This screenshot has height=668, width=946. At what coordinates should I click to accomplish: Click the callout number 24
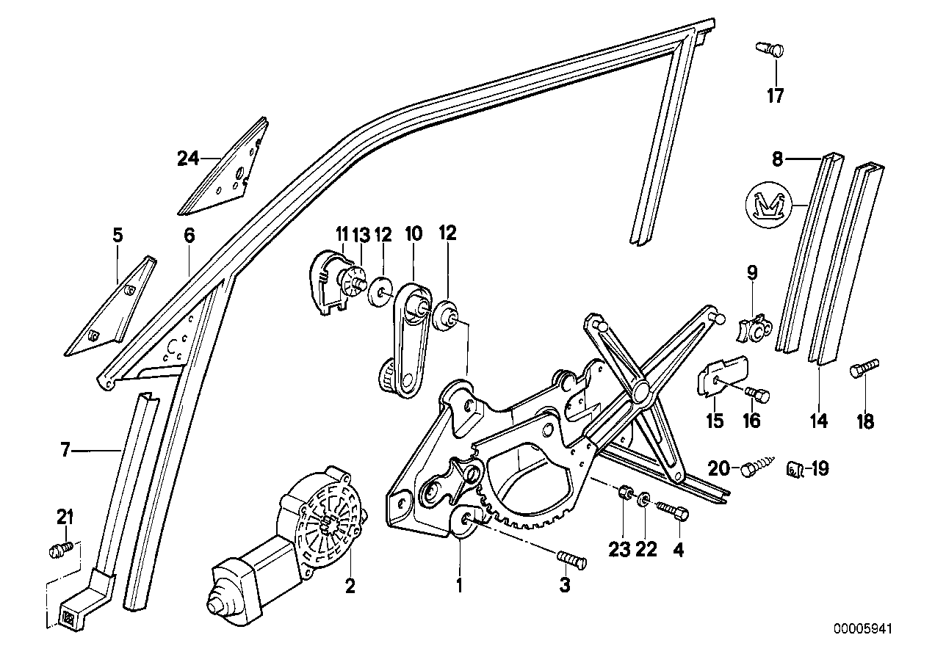pos(188,157)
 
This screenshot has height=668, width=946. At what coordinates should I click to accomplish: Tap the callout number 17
pos(775,95)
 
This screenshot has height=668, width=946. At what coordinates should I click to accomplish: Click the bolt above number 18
pos(864,368)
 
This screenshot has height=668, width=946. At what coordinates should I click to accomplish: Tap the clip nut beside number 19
pos(793,468)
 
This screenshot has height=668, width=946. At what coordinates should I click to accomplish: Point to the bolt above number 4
pos(673,509)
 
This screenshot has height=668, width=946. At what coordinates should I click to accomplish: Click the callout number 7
pos(65,449)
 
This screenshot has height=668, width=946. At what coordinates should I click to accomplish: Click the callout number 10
pos(413,234)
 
